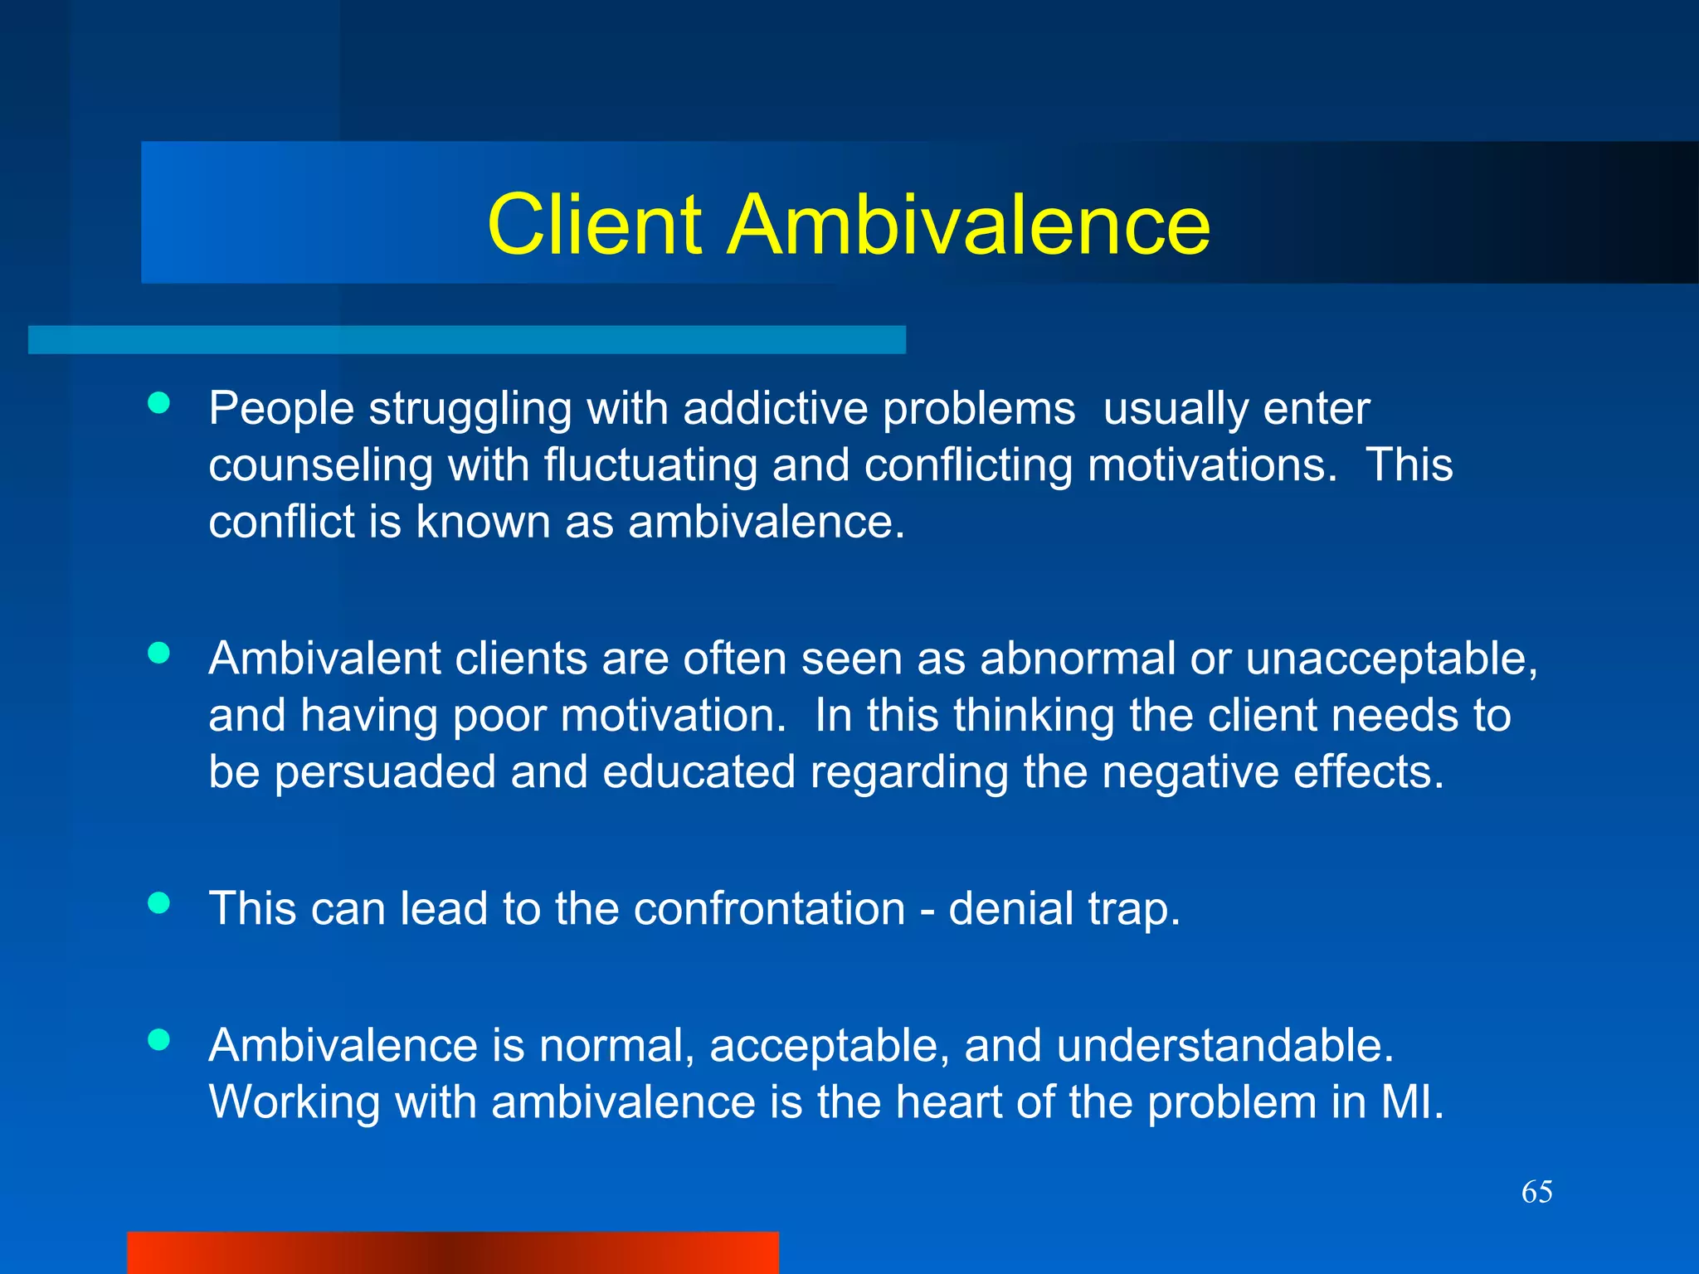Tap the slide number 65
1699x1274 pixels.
point(1536,1192)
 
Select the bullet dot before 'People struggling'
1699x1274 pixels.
point(158,403)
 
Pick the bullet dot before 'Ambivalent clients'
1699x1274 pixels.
point(158,653)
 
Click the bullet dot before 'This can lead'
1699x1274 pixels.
point(158,902)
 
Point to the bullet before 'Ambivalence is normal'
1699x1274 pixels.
point(158,1039)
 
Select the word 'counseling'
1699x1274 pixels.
point(320,466)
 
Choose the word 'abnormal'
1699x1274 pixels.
point(1078,659)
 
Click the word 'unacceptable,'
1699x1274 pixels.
point(1391,660)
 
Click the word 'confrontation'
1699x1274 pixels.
point(769,908)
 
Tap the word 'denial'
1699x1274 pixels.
point(1010,908)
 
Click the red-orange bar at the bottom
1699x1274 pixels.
point(452,1252)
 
